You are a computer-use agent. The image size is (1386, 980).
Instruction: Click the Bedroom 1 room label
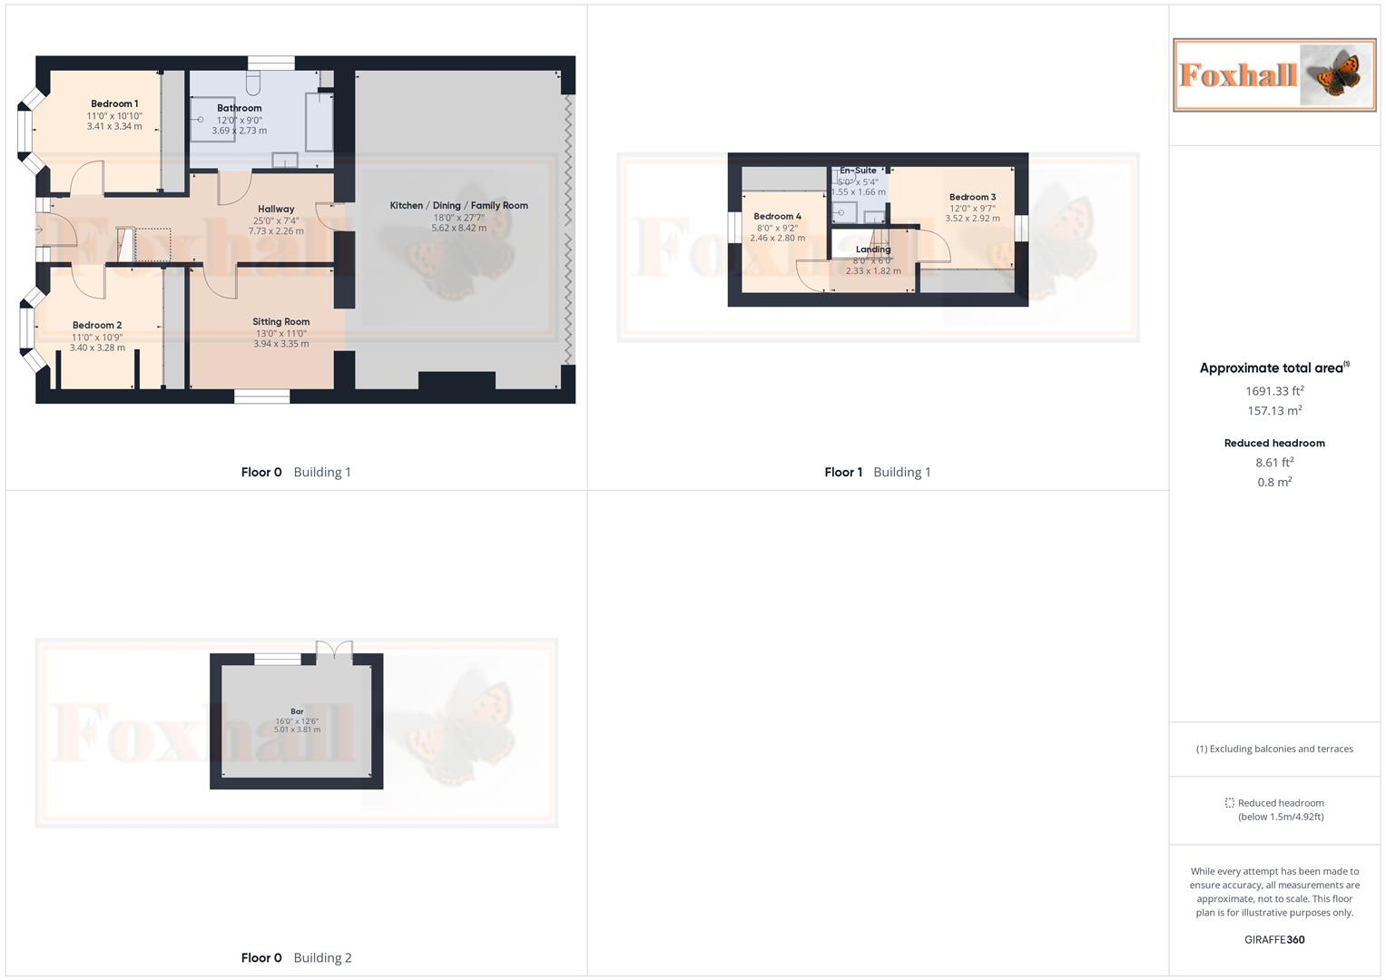pos(114,104)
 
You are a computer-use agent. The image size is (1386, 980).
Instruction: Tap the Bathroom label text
pos(240,108)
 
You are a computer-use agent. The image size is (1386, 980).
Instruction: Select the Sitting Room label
pos(281,322)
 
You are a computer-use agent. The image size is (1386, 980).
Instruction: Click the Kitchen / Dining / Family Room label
pos(458,206)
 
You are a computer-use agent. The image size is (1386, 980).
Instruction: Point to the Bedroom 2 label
pos(97,326)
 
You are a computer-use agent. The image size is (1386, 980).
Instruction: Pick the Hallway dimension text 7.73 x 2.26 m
pos(276,231)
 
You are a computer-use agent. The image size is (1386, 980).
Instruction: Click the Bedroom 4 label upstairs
pos(778,217)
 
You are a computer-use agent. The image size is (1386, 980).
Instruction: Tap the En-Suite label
pos(858,171)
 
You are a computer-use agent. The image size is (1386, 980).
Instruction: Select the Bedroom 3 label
pos(972,197)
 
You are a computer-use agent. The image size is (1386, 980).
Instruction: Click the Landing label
pos(873,250)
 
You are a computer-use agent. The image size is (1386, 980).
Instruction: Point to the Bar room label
pos(297,711)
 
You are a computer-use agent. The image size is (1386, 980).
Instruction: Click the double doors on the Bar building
pos(334,650)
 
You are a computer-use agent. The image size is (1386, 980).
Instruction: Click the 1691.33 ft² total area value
pos(1274,391)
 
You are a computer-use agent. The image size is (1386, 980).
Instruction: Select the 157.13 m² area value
pos(1274,411)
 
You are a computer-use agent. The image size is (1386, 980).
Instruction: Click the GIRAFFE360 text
pos(1274,940)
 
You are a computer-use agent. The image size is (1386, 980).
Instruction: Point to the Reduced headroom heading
pos(1274,444)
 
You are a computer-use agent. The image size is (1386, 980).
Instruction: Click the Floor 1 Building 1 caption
pos(877,472)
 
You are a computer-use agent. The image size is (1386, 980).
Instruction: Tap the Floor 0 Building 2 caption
pos(296,958)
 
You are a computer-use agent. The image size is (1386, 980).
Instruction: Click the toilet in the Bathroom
pos(253,84)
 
